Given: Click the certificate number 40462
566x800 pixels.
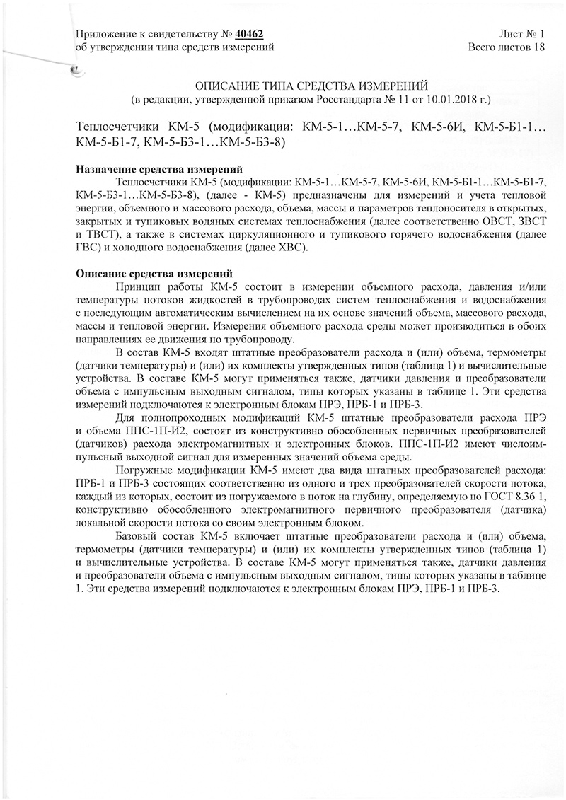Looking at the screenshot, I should coord(248,34).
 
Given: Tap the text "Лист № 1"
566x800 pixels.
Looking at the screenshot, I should coord(522,34).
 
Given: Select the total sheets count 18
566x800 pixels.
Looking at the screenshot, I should coord(540,47).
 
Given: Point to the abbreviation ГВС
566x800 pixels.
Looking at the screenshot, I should coord(84,246).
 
